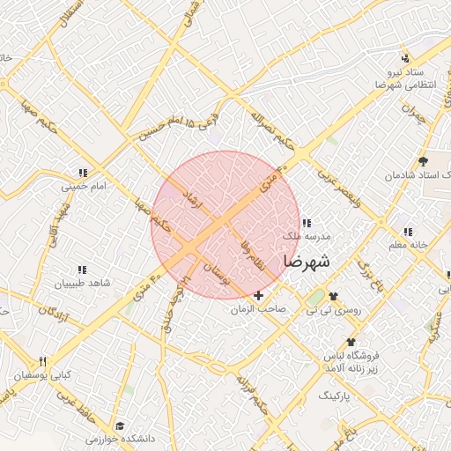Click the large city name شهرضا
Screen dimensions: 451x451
[307, 262]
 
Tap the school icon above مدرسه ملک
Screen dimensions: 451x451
[306, 224]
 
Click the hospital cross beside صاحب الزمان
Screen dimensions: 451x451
[258, 295]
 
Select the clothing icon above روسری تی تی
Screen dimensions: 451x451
[333, 296]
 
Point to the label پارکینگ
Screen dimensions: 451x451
[334, 396]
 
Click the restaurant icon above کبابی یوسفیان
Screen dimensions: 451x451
[41, 361]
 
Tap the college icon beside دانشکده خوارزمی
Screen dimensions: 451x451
[119, 425]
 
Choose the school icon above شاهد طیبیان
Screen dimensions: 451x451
[82, 270]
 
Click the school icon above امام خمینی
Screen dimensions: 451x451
[83, 174]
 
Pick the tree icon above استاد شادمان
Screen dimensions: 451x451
[424, 161]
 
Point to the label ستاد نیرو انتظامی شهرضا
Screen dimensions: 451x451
[402, 77]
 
